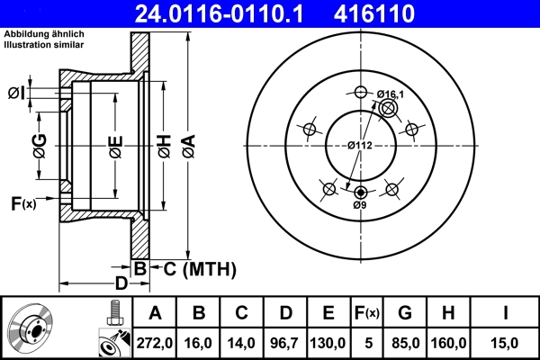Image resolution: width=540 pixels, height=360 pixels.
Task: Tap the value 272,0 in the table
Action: (154, 342)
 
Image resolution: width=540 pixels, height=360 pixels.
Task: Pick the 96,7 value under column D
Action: (285, 342)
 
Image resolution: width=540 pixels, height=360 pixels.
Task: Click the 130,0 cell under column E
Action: (328, 342)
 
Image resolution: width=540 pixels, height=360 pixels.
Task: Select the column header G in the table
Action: (405, 313)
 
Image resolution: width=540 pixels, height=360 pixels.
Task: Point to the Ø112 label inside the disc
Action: (361, 145)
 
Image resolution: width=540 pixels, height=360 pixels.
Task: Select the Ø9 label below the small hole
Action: (360, 205)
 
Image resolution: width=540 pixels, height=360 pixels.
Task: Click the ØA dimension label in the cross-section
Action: (187, 145)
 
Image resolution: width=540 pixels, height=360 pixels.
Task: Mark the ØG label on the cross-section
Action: (40, 145)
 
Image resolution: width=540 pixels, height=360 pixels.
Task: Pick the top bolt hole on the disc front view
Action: (361, 93)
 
